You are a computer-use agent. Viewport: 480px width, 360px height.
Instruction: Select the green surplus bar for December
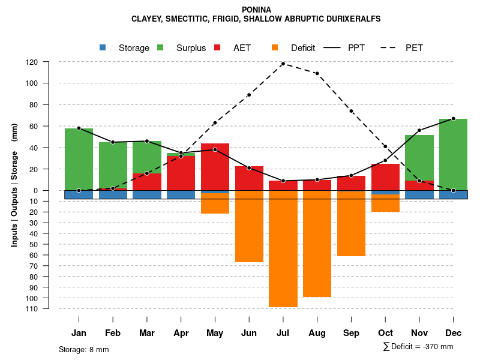pyautogui.click(x=453, y=153)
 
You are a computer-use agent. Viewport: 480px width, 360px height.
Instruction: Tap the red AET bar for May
pyautogui.click(x=215, y=168)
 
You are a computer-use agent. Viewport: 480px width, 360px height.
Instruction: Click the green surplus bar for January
pyautogui.click(x=79, y=159)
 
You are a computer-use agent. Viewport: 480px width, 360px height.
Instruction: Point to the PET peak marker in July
pyautogui.click(x=283, y=64)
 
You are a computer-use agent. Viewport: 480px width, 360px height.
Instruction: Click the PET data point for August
pyautogui.click(x=317, y=73)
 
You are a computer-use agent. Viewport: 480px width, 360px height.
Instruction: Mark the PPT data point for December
pyautogui.click(x=453, y=119)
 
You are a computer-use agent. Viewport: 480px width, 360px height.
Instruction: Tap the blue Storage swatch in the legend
pyautogui.click(x=103, y=47)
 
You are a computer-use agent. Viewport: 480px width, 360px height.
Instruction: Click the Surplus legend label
pyautogui.click(x=191, y=48)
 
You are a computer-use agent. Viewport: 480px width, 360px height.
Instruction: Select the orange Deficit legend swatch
pyautogui.click(x=275, y=47)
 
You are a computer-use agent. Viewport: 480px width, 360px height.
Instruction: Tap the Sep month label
pyautogui.click(x=351, y=333)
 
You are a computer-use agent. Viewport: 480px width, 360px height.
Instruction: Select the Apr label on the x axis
pyautogui.click(x=181, y=333)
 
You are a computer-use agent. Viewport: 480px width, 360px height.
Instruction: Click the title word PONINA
pyautogui.click(x=256, y=10)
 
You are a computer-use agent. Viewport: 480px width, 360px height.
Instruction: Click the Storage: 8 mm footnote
pyautogui.click(x=84, y=349)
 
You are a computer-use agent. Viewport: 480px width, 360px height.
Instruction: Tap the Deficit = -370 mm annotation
pyautogui.click(x=418, y=347)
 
